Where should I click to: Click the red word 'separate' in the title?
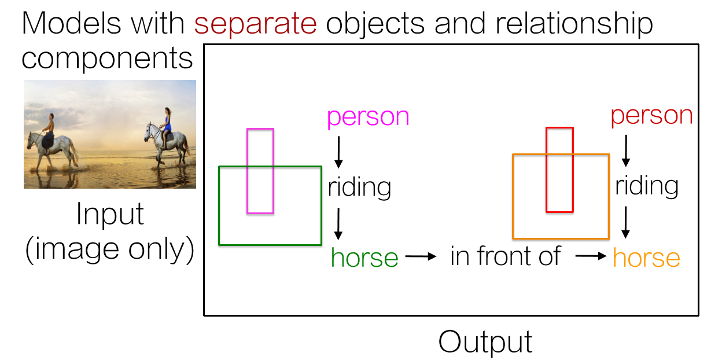[255, 24]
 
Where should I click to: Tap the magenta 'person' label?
[368, 117]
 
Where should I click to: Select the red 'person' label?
[651, 116]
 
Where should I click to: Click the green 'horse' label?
[364, 258]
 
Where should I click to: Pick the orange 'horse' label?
[646, 258]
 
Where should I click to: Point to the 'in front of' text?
[505, 256]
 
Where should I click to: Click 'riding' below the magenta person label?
[359, 187]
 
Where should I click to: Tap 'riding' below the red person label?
[646, 186]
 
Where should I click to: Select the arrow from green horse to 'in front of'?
[421, 256]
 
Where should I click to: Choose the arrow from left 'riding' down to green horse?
[339, 224]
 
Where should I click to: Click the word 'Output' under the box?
[485, 341]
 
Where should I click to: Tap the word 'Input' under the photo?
[110, 215]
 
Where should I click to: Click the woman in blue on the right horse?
[167, 124]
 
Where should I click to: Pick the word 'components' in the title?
[108, 58]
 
